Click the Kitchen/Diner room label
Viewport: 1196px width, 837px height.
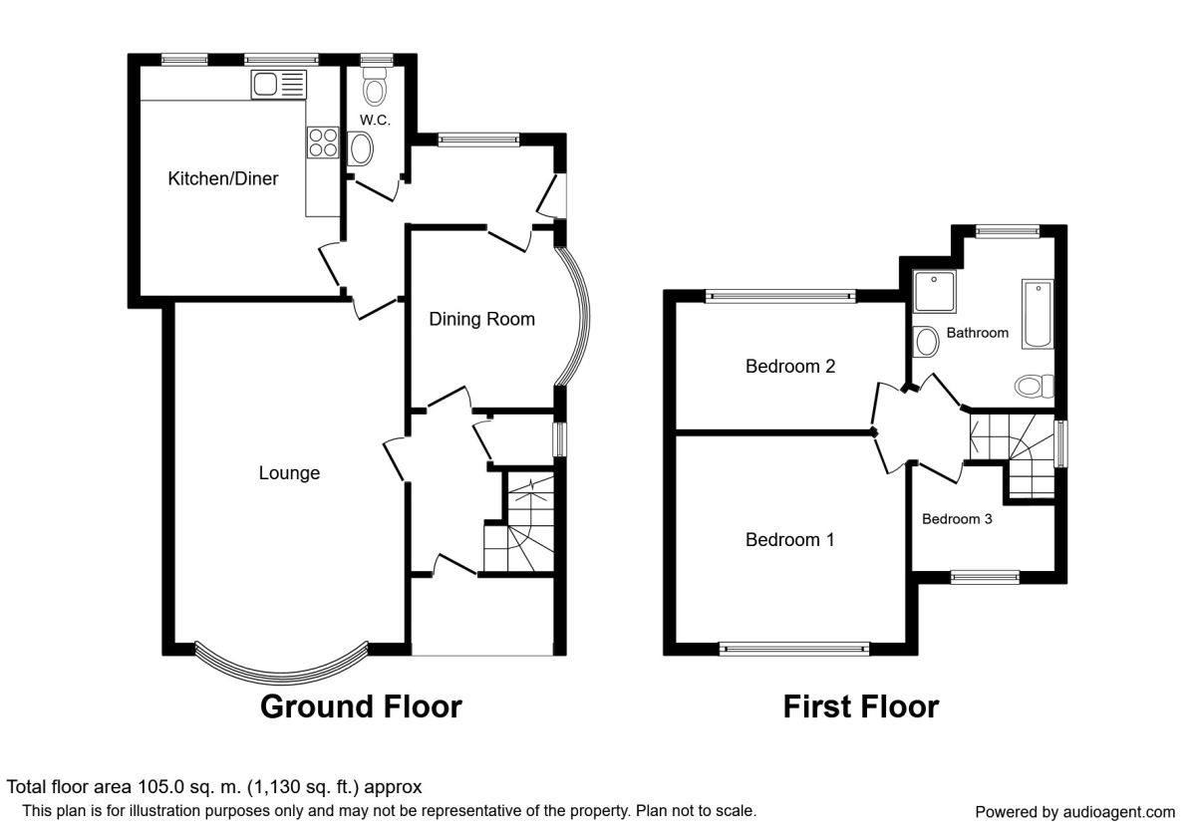pyautogui.click(x=223, y=178)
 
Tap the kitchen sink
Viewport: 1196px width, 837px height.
pyautogui.click(x=279, y=85)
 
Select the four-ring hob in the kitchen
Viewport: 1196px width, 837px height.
pyautogui.click(x=323, y=142)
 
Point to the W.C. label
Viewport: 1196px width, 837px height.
pyautogui.click(x=375, y=121)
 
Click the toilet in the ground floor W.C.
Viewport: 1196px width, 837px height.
pyautogui.click(x=375, y=87)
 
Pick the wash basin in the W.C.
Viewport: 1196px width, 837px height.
pyautogui.click(x=361, y=148)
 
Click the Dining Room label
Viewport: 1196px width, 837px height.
pyautogui.click(x=482, y=319)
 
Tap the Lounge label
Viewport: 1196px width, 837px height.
pyautogui.click(x=289, y=473)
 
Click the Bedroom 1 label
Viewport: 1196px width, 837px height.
pyautogui.click(x=789, y=540)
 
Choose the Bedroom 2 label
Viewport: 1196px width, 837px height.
pyautogui.click(x=790, y=367)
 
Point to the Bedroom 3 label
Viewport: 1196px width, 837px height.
pyautogui.click(x=957, y=519)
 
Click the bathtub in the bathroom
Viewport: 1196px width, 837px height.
pyautogui.click(x=1038, y=314)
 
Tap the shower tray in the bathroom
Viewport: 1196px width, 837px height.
pyautogui.click(x=935, y=292)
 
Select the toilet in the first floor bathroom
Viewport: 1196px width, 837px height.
pyautogui.click(x=1035, y=386)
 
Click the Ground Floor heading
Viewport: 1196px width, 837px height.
pyautogui.click(x=361, y=706)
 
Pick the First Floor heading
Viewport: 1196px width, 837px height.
pyautogui.click(x=861, y=706)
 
